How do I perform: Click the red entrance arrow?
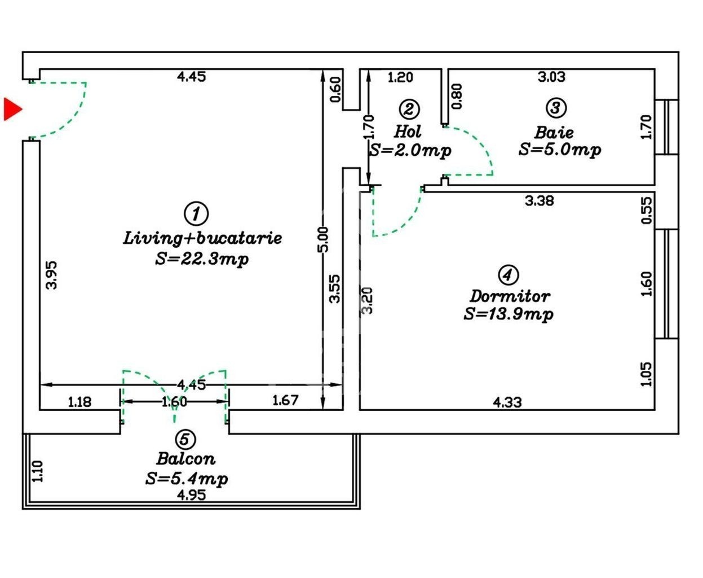[12, 109]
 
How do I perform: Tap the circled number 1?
[196, 213]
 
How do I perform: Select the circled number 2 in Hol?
[409, 109]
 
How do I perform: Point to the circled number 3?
[556, 108]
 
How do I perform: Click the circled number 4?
[508, 275]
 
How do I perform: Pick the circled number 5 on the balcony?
[185, 439]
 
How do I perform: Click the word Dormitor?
[510, 296]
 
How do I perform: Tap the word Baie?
[554, 133]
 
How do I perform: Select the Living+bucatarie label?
[202, 238]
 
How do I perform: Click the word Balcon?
[185, 459]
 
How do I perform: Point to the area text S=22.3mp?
[202, 259]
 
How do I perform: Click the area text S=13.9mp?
[509, 314]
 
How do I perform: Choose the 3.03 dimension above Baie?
[552, 77]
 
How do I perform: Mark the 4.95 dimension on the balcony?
[191, 495]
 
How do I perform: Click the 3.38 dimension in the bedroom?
[540, 200]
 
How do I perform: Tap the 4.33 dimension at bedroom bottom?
[507, 402]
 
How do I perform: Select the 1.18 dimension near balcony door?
[79, 402]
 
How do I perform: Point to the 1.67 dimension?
[285, 400]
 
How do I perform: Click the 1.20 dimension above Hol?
[400, 77]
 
